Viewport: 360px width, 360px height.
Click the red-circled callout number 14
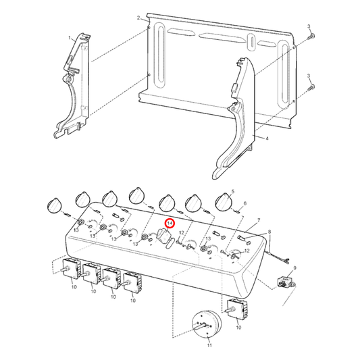tap(170, 224)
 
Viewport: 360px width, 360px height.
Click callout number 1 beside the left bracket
tap(70, 38)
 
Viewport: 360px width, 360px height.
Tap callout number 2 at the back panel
tap(138, 18)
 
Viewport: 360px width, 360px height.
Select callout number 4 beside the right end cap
tap(267, 138)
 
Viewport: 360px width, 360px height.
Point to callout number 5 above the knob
tap(233, 191)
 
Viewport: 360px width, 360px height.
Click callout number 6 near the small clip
tap(245, 203)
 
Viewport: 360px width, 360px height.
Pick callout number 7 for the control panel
tap(259, 221)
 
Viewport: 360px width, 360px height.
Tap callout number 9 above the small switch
tap(294, 268)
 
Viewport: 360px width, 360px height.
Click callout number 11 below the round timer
tap(209, 345)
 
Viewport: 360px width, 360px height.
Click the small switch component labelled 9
tap(285, 282)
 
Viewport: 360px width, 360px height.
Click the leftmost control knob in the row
tap(55, 205)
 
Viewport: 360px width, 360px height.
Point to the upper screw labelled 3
tap(311, 36)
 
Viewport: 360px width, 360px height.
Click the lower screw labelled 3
tap(311, 86)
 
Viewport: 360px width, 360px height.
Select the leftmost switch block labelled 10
tap(71, 269)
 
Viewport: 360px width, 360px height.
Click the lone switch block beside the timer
tap(237, 309)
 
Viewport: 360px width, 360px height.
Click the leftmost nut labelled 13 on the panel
tap(80, 222)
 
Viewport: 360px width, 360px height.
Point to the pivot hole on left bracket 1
tap(67, 80)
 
